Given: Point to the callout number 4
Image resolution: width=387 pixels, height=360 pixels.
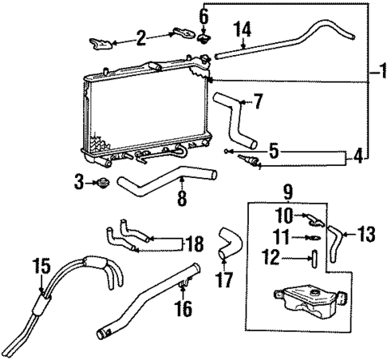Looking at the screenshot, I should click(357, 157).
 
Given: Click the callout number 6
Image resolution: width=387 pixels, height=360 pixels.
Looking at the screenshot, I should click(203, 15).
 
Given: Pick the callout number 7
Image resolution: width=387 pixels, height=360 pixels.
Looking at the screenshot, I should click(256, 101).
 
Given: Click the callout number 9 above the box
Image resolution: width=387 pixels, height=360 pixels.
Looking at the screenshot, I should click(288, 192).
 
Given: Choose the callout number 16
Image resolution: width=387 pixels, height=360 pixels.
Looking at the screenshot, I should click(184, 309).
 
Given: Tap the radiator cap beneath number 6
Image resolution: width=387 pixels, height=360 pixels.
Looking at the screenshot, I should click(204, 38).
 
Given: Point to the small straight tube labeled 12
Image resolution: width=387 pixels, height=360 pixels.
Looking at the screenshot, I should click(314, 258).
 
